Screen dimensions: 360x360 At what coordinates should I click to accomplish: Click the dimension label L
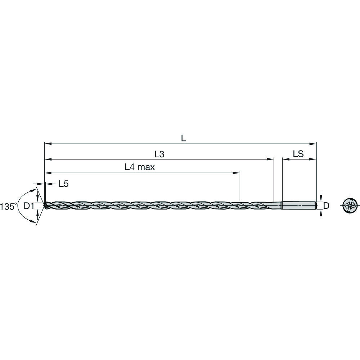183,138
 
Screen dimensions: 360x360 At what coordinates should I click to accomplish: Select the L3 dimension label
159,154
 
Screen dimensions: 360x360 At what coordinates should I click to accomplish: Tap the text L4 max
140,167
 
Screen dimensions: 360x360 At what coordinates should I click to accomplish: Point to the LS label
298,154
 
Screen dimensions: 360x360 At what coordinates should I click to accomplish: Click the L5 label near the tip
63,184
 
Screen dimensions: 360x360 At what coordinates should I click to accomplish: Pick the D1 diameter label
29,206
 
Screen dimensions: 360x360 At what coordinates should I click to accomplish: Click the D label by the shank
326,206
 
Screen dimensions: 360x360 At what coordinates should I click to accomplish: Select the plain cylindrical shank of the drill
299,206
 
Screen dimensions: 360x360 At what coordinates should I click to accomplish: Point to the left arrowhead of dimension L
47,143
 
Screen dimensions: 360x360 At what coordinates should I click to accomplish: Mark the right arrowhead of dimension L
314,143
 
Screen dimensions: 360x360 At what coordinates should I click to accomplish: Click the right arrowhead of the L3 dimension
271,159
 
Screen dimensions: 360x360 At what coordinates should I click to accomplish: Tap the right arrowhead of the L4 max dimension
237,173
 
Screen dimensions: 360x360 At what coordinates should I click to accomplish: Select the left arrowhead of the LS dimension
285,159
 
